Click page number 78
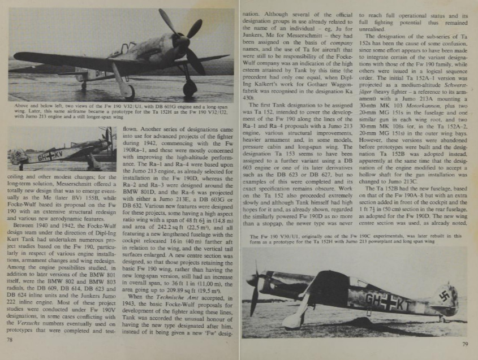pyautogui.click(x=10, y=340)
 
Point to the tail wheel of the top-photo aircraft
pyautogui.click(x=83, y=86)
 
